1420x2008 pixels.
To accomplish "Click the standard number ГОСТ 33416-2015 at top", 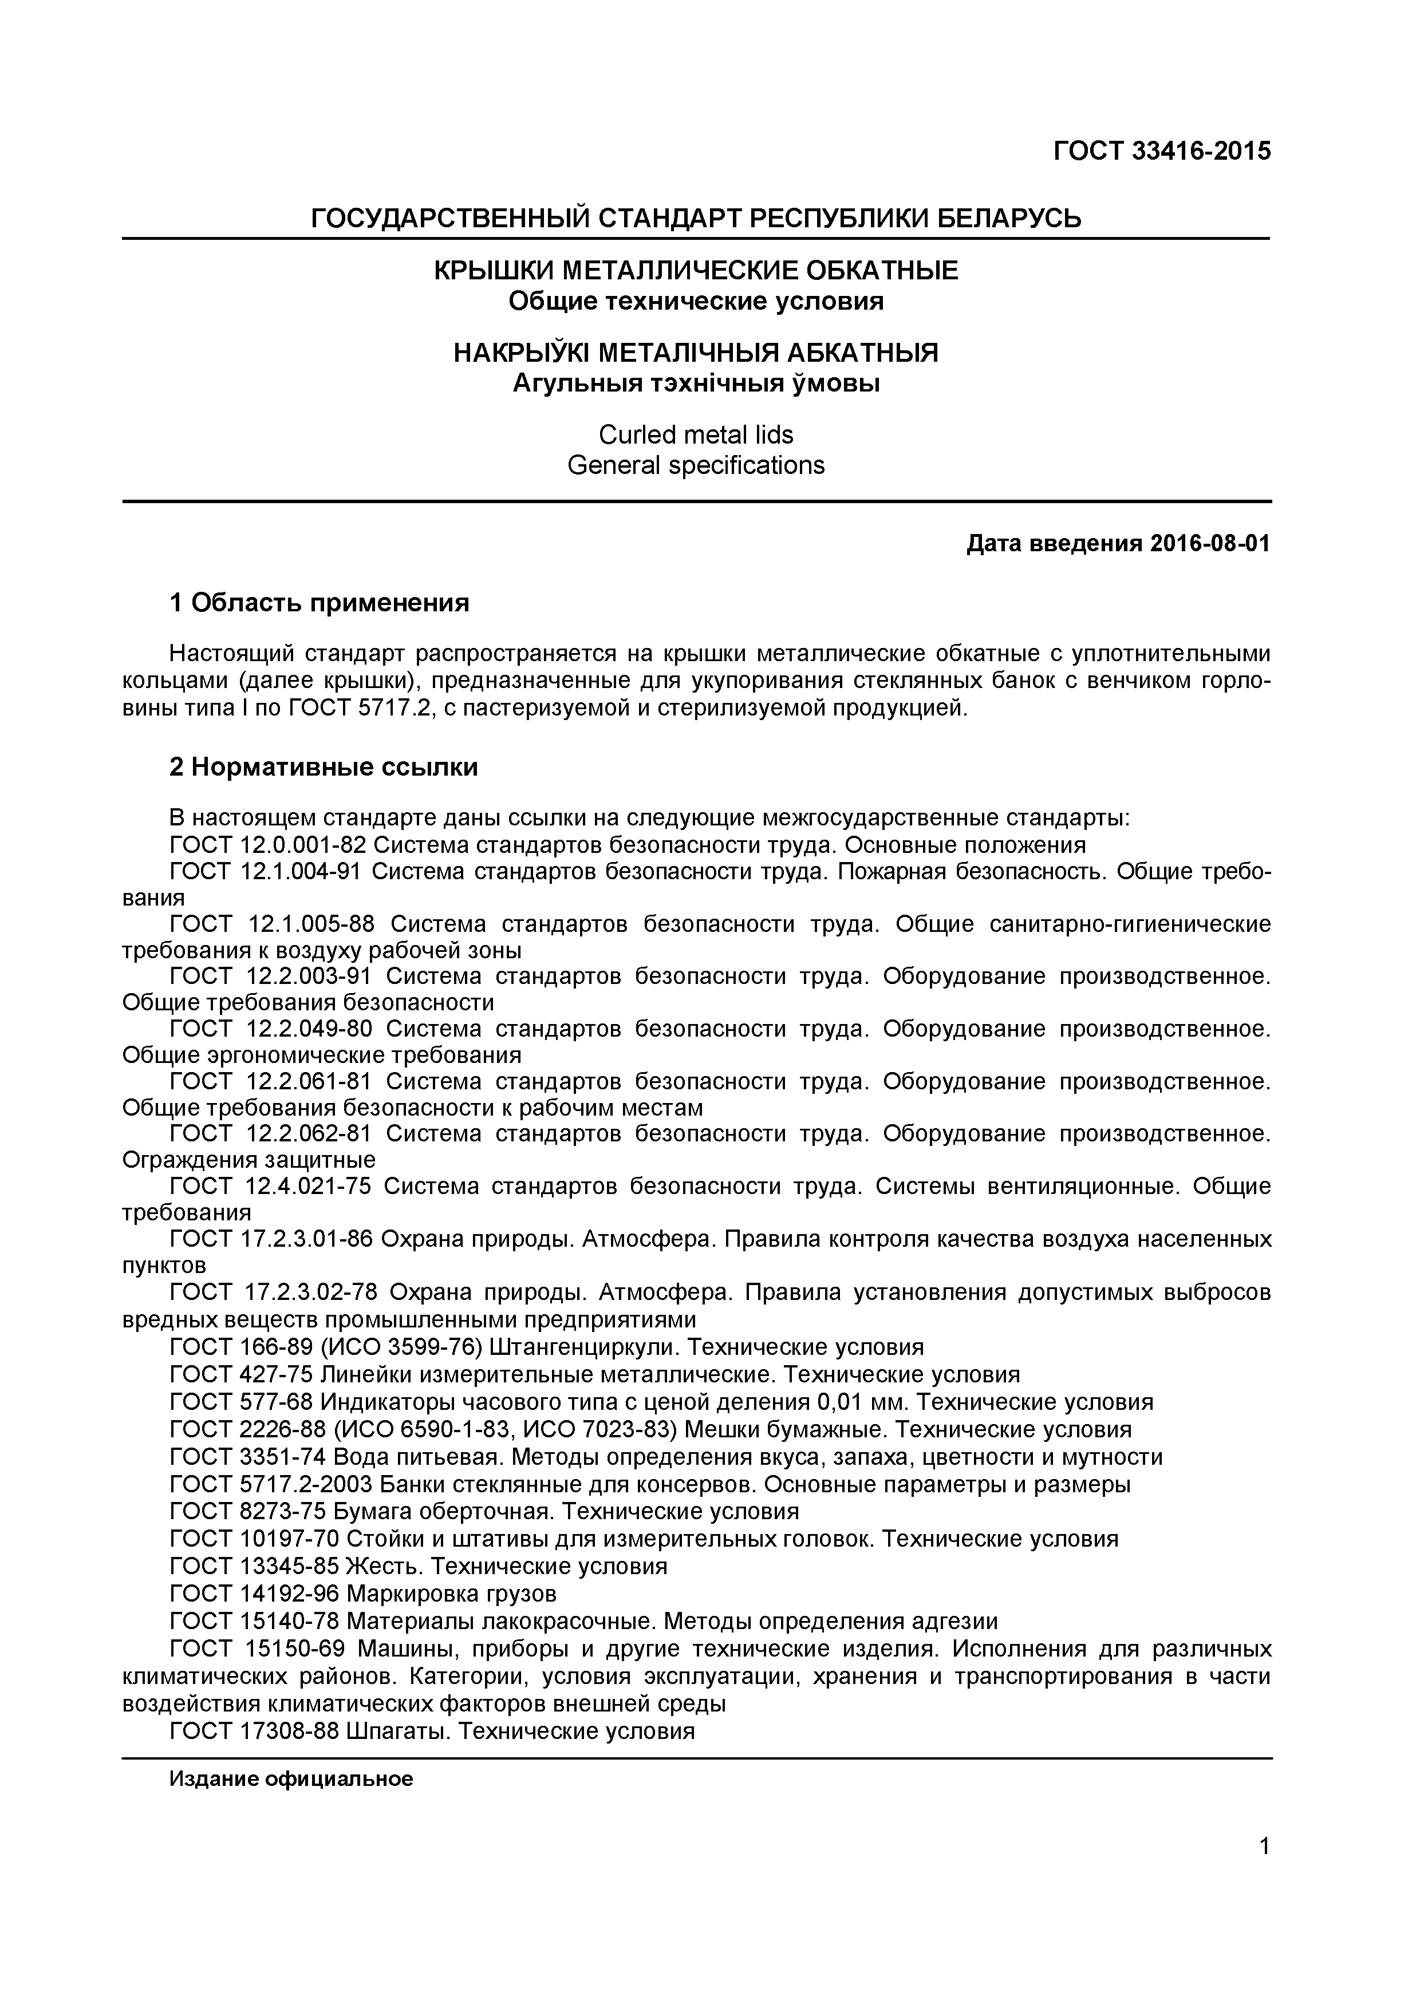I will (1161, 151).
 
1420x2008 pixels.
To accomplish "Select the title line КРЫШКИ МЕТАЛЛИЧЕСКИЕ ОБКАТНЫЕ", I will (696, 270).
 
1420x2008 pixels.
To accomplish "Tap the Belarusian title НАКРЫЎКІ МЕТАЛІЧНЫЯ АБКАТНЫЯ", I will (696, 353).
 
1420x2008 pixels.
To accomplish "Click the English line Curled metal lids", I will (696, 434).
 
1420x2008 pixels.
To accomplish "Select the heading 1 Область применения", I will (319, 603).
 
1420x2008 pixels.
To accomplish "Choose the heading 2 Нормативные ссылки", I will (324, 767).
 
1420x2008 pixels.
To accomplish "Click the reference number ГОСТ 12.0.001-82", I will (268, 845).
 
